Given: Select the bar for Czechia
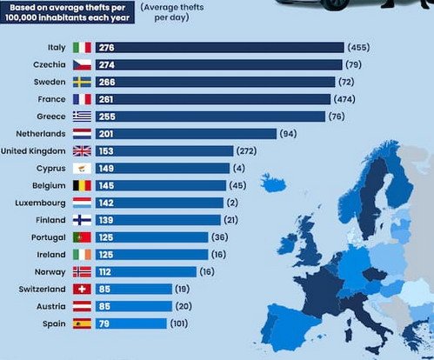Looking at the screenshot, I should click(x=217, y=64).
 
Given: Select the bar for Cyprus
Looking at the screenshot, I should click(x=165, y=168).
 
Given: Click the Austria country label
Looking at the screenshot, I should click(x=50, y=306).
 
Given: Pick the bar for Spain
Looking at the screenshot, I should click(x=130, y=323).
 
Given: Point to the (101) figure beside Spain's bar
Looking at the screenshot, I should click(x=184, y=323).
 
